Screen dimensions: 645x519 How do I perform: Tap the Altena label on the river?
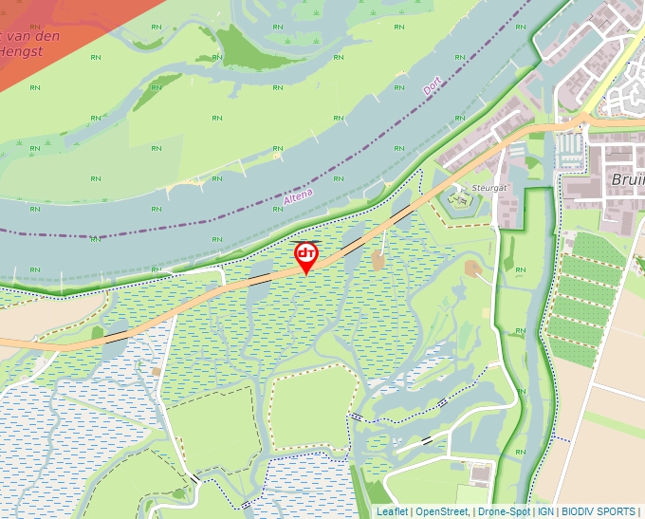point(298,195)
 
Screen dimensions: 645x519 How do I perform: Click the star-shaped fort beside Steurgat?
point(461,198)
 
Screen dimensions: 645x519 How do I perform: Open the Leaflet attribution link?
point(392,511)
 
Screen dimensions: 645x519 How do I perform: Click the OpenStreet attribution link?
point(442,511)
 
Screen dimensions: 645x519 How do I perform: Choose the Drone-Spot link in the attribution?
point(504,511)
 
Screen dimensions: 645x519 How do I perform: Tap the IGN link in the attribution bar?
point(545,511)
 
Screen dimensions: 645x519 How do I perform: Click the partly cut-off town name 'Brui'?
point(626,180)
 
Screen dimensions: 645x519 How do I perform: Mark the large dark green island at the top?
point(249,47)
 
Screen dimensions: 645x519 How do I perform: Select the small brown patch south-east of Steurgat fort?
point(472,269)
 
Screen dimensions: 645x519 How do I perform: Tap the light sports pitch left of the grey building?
point(465,494)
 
